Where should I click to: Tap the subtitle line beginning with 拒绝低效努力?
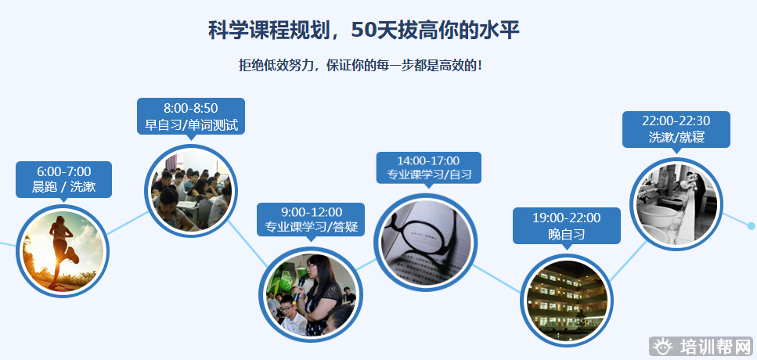pos(361,65)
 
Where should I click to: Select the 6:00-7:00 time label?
pos(63,171)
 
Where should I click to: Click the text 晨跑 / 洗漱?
pos(63,187)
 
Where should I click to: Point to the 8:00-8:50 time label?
pos(191,108)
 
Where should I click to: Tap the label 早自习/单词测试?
pos(191,125)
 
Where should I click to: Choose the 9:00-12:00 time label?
pos(312,212)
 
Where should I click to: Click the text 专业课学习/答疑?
pos(312,227)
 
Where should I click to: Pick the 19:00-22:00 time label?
pos(566,218)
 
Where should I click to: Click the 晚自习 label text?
pos(566,235)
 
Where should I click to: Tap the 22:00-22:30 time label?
pos(676,121)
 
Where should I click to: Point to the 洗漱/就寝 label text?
pos(676,137)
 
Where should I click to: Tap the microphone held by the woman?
pos(299,287)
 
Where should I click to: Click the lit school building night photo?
pos(566,301)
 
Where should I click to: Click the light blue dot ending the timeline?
pos(751,226)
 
